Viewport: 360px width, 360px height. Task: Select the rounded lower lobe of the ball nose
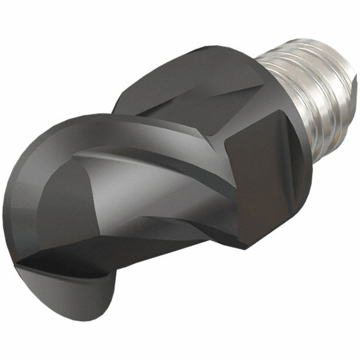pyautogui.click(x=78, y=300)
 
